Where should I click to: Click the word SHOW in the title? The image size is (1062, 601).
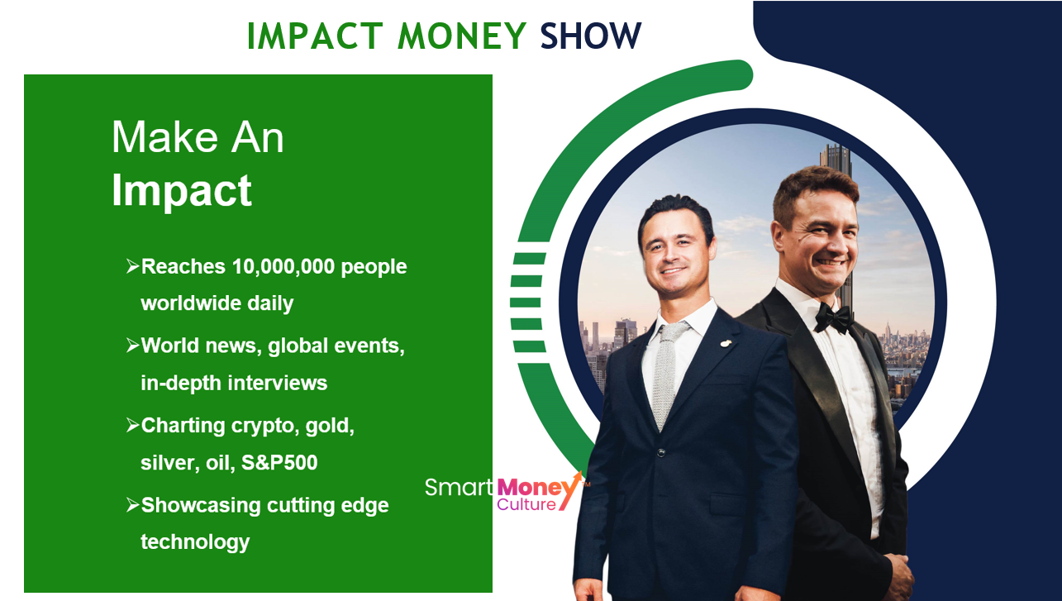tap(591, 36)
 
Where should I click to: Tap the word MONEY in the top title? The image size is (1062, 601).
tap(462, 36)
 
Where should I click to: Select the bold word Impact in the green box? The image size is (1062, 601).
tap(182, 191)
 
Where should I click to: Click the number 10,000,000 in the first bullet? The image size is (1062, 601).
tap(283, 267)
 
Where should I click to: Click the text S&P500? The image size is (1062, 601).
tap(279, 462)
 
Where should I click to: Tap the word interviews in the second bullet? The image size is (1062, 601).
tap(278, 383)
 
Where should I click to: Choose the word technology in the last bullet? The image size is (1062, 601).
tap(195, 542)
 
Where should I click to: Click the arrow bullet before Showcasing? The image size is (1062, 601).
tap(133, 505)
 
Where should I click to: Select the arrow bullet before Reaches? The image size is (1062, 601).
tap(133, 266)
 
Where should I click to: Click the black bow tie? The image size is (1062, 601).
tap(833, 318)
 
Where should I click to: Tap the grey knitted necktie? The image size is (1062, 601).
tap(667, 374)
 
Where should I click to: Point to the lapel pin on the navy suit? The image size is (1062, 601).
tap(726, 343)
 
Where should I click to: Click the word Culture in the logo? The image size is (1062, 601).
tap(526, 504)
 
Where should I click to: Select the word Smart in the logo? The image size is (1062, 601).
tap(459, 488)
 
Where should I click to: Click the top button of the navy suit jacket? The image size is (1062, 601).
tap(661, 453)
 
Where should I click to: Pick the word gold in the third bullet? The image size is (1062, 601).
tap(330, 426)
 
